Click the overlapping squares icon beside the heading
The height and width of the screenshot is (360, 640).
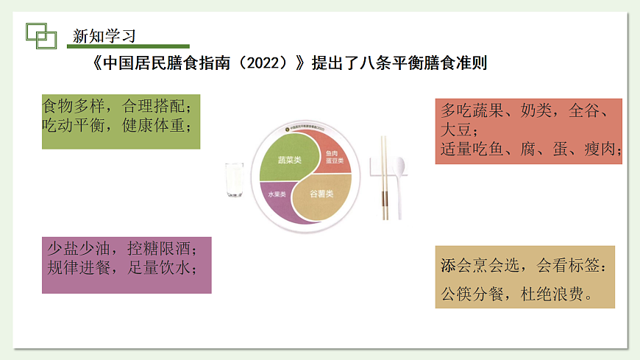coord(41,35)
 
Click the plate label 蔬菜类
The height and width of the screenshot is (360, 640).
coord(289,160)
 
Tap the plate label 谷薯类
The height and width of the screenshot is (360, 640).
coord(320,194)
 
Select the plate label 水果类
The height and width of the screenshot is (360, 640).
coord(277,194)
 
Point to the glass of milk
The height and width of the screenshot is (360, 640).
coord(235,180)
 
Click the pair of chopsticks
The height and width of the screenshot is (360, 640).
coord(383,177)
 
